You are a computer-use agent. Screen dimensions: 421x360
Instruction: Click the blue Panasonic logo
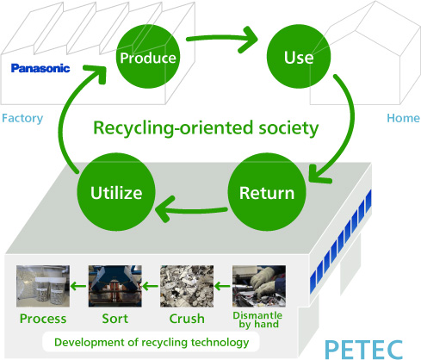point(40,68)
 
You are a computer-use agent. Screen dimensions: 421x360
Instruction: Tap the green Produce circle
point(148,57)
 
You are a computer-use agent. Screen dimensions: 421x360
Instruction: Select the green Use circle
point(299,57)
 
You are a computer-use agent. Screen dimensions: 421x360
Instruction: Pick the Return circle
point(267,192)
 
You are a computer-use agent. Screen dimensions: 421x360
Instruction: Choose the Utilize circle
point(116,192)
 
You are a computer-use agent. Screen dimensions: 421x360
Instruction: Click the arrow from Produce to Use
point(222,39)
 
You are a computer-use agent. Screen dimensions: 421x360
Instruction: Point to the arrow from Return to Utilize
point(191,209)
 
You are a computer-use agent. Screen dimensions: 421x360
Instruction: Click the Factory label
point(22,119)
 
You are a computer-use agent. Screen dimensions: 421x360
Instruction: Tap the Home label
point(403,118)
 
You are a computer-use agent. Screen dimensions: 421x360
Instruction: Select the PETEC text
point(364,350)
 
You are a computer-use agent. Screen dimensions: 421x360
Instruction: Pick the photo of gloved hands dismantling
point(259,286)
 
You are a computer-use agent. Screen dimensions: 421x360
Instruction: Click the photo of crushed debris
point(187,286)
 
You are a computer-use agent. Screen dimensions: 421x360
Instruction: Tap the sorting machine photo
point(115,286)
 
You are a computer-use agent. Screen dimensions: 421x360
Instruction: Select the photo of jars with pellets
point(43,286)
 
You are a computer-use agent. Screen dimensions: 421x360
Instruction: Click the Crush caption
point(187,319)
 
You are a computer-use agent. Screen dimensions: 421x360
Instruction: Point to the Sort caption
point(115,319)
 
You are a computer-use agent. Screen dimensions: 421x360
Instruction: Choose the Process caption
point(43,319)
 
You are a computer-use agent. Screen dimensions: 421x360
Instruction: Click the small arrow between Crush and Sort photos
point(150,286)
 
